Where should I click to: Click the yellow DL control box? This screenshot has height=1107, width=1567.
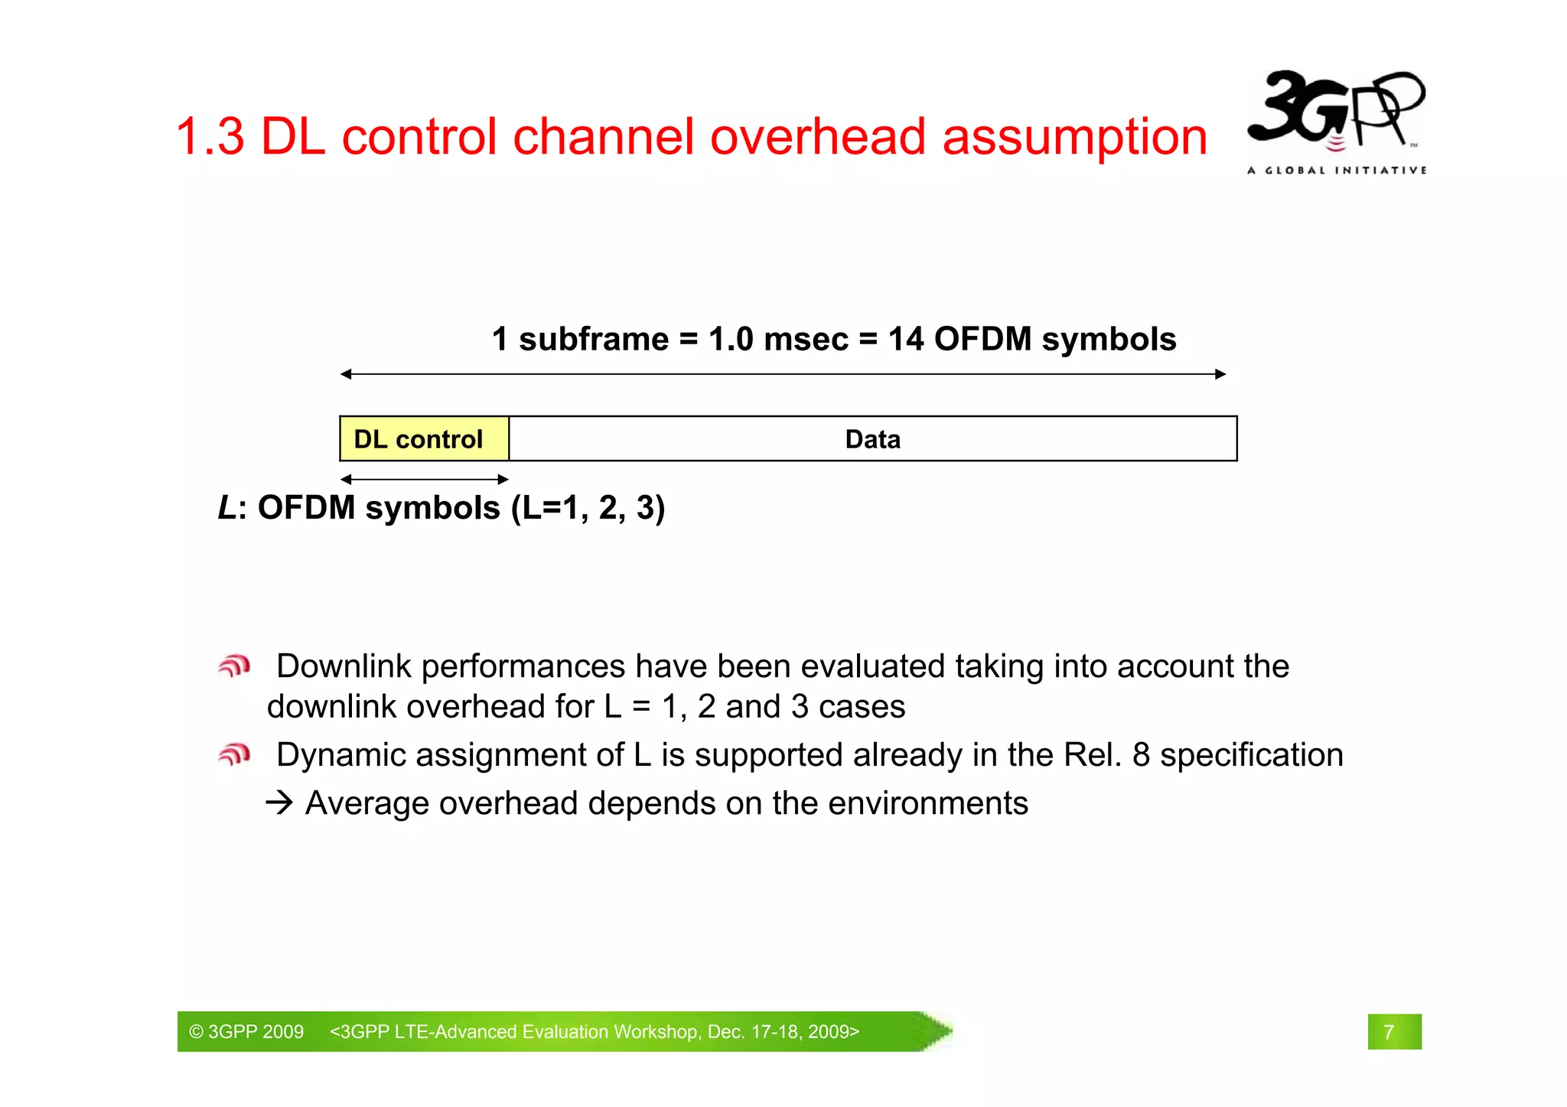tap(424, 439)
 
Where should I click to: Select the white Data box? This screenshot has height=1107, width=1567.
tap(872, 439)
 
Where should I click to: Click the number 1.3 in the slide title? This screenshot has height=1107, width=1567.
tap(210, 138)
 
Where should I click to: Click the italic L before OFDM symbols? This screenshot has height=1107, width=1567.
tap(227, 508)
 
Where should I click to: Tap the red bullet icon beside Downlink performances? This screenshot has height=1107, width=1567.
tap(234, 666)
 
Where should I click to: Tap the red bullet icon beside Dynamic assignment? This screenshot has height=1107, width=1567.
tap(234, 755)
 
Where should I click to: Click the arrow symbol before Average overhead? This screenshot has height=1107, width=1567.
tap(279, 803)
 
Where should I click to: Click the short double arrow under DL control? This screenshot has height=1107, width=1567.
tap(424, 480)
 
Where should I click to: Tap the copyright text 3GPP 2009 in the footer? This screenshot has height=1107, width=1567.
tap(246, 1032)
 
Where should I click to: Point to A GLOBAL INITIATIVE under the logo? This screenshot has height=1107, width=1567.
tap(1336, 171)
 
